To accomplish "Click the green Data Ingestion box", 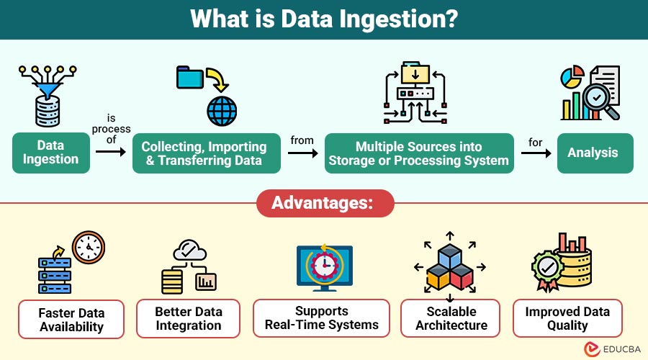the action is point(51,153).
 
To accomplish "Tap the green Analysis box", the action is point(595,153).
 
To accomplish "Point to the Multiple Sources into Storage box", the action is point(419,153).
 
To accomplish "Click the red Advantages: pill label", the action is point(325,203).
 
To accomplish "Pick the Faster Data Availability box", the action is point(71,320).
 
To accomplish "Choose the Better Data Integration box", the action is point(189,319).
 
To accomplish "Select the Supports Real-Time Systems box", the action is point(322,318).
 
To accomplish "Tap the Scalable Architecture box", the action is point(451,318).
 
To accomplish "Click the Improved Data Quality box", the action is point(567,318).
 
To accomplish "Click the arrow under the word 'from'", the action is point(303,153).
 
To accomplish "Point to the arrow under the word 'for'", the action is point(536,153).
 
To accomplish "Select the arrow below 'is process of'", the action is point(110,152).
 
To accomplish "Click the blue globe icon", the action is point(222,111).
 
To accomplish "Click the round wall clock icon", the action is point(89,247).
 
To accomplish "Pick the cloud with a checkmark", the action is point(189,250).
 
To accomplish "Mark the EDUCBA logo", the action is point(612,349).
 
